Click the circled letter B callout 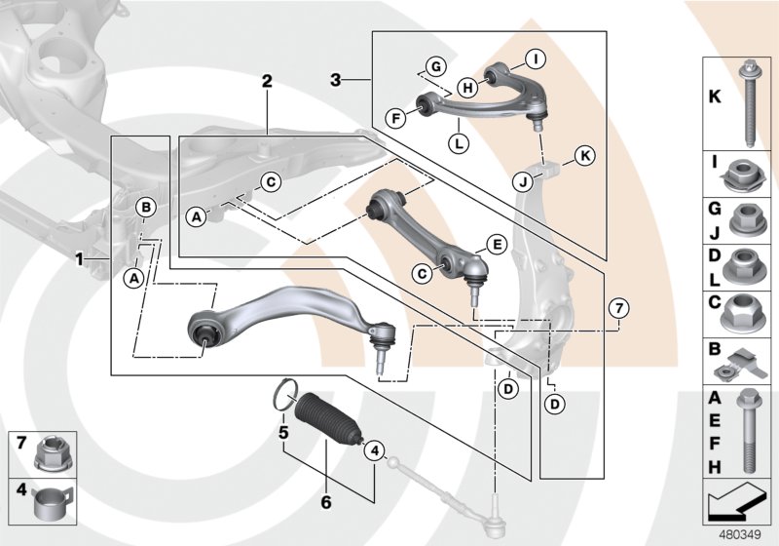coord(145,207)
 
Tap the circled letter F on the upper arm coord(395,119)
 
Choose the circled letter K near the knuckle coord(583,155)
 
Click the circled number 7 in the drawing coord(616,309)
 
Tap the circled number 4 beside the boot coord(375,450)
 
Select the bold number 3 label coord(334,79)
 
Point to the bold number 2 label coord(266,83)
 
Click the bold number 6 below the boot coord(326,503)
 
